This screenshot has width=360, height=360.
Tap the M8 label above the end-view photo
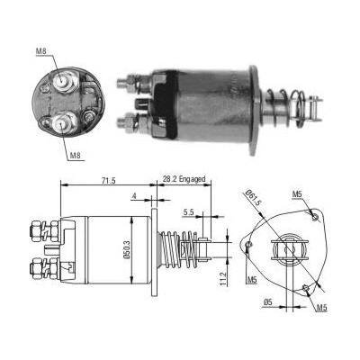[40, 51]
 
